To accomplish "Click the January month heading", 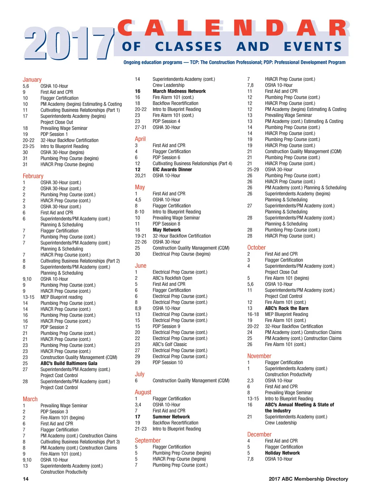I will [32, 80].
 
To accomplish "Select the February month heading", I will [33, 176].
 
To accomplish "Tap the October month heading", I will [257, 248].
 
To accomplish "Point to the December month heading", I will [259, 435].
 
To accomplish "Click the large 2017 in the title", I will [69, 44].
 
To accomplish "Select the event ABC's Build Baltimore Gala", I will [69, 363].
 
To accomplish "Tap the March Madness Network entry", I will [179, 91].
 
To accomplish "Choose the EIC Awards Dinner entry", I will [172, 170].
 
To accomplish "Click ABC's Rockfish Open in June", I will [172, 278].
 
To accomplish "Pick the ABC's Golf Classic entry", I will [170, 345].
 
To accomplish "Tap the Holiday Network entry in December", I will [282, 453].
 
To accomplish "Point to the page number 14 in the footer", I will [26, 479].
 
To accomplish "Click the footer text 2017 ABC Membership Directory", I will [308, 479].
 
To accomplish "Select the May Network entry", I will [166, 230].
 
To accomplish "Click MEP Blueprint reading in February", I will [61, 297].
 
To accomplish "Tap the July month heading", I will [139, 374].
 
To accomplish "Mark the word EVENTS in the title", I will [313, 47].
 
